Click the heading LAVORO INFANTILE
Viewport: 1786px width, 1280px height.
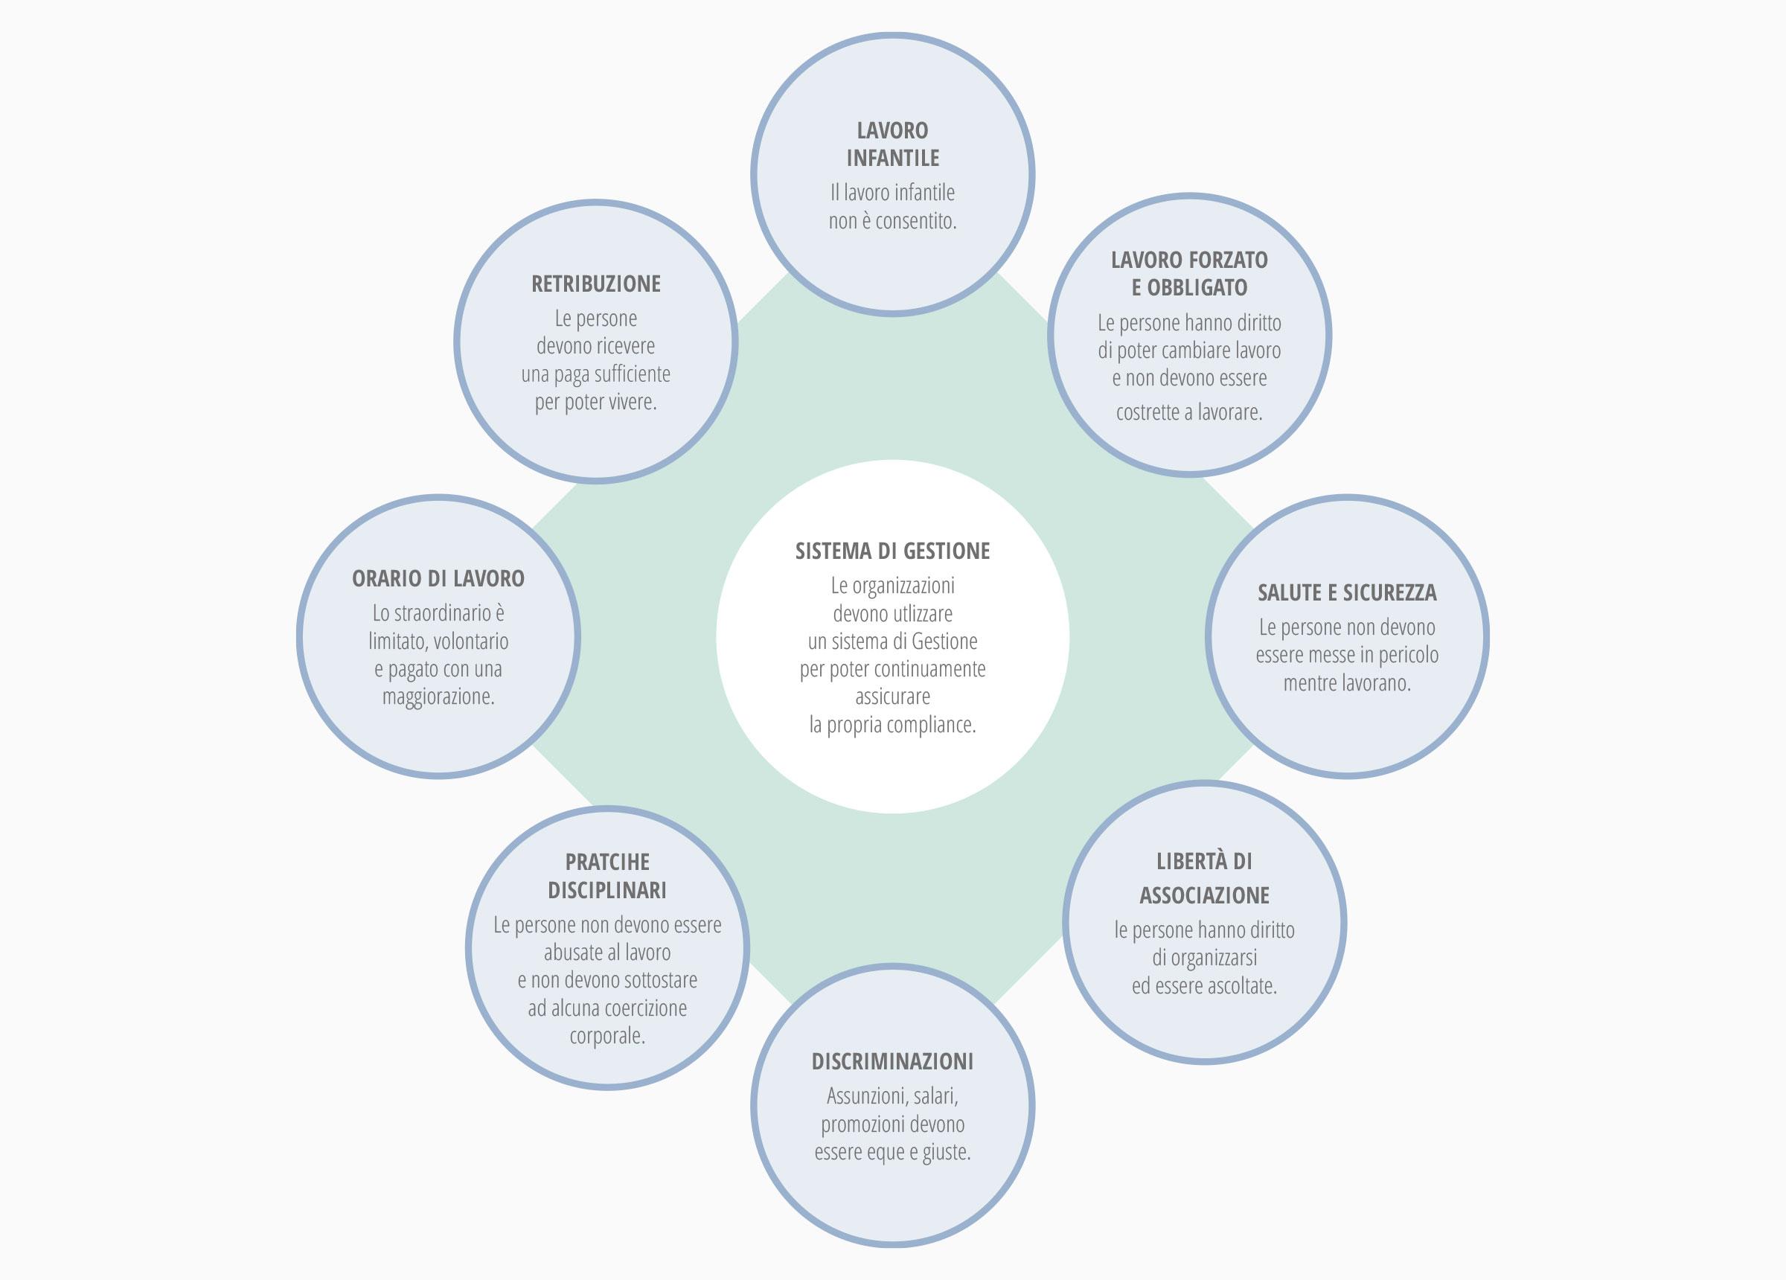(892, 144)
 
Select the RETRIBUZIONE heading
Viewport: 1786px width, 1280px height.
(596, 284)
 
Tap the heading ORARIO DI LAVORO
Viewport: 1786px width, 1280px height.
(438, 578)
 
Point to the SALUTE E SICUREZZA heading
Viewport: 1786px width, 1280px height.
(1347, 592)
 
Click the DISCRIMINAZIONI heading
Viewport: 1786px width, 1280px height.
(892, 1061)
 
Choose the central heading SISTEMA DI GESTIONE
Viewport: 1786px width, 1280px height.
(892, 551)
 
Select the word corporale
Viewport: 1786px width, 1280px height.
(607, 1037)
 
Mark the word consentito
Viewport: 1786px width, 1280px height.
(915, 221)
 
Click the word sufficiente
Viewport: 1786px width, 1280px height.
(633, 374)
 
